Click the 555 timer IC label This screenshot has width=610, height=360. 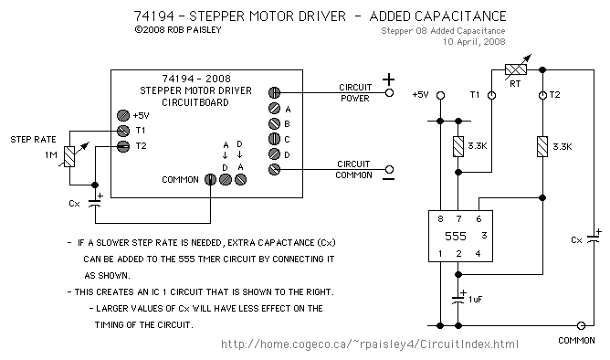[455, 236]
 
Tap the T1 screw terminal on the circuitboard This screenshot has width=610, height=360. [123, 131]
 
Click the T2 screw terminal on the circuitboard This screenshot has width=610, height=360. [123, 146]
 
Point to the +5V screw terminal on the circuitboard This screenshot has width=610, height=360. [123, 116]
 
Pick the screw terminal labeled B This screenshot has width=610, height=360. [274, 123]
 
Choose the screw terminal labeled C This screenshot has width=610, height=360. [274, 139]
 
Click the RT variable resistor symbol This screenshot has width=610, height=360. [516, 69]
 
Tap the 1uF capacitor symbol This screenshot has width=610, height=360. [458, 300]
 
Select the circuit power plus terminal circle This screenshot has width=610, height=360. [389, 92]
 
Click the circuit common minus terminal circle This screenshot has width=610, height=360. [389, 169]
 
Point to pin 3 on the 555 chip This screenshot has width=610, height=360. [484, 235]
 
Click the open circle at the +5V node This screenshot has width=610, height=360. [440, 95]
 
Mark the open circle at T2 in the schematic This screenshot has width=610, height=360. [542, 95]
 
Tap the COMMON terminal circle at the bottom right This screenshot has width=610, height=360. [581, 325]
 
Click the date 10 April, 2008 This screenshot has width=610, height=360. [474, 42]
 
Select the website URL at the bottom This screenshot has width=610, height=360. [370, 344]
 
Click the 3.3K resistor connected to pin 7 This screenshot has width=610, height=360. [458, 147]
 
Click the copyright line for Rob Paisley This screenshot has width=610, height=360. [178, 29]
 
